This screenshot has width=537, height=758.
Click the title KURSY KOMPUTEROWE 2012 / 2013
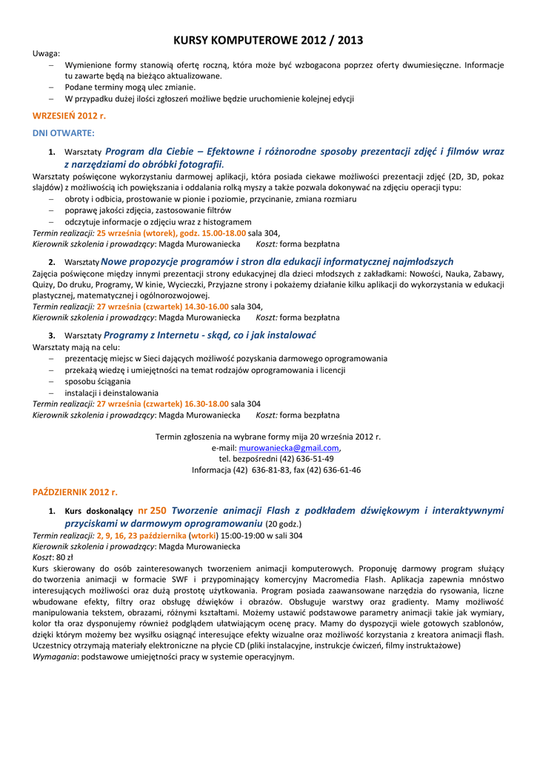[268, 40]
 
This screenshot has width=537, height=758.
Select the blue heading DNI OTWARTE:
[64, 133]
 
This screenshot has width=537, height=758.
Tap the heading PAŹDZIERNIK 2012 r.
[75, 492]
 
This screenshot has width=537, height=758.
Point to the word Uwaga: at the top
[47, 53]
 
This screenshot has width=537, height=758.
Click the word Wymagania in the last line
[56, 657]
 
